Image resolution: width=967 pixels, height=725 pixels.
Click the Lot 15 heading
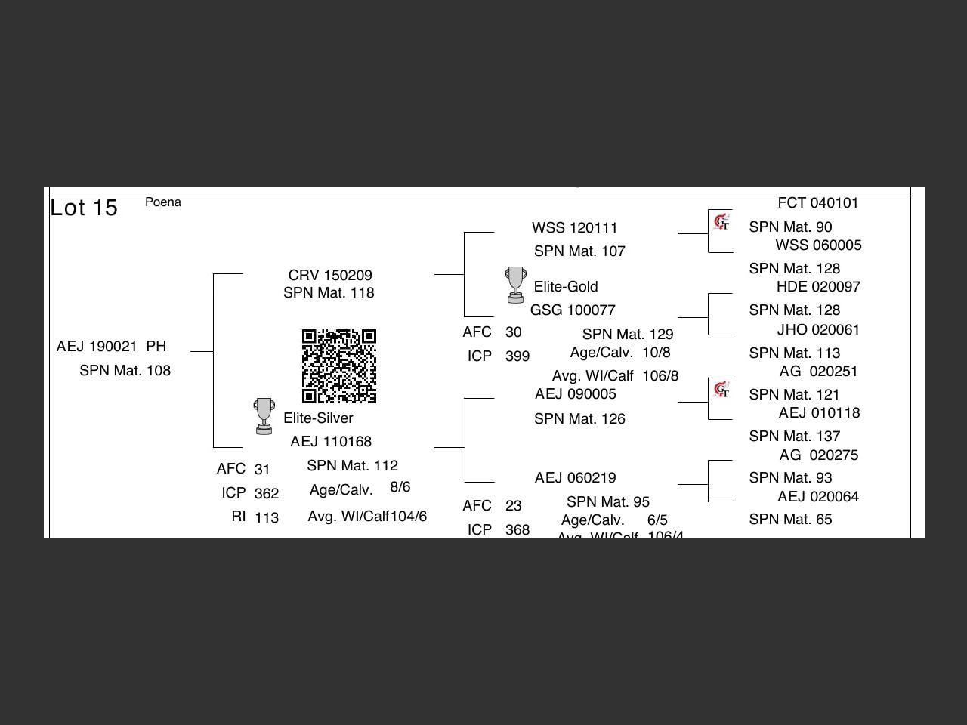coord(84,208)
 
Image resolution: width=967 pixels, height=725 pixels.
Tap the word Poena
coord(163,202)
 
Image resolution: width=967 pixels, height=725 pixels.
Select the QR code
coord(339,366)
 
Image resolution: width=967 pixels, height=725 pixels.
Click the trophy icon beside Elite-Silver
coord(264,416)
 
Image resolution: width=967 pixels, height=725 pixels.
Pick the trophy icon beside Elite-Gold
coord(515,284)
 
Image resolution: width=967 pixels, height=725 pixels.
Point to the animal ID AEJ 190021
coord(97,347)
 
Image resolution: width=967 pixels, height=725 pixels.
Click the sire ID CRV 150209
coord(330,276)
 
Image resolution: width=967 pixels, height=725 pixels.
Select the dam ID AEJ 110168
coord(331,442)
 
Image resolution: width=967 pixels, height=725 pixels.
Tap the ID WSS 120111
coord(574,228)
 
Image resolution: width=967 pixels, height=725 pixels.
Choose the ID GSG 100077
coord(573,310)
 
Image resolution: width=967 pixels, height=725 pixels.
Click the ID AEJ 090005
coord(576,394)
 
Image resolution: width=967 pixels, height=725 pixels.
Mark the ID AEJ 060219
coord(576,478)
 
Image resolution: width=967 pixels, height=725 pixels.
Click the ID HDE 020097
coord(818,287)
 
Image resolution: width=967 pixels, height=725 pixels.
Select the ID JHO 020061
coord(818,330)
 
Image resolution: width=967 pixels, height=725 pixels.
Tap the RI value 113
coord(267,518)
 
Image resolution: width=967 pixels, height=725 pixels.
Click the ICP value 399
coord(517,356)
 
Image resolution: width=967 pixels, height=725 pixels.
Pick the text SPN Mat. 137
coord(795,437)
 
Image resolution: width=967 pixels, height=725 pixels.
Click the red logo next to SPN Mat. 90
coord(721,222)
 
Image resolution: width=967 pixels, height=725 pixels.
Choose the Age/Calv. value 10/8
coord(657,353)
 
